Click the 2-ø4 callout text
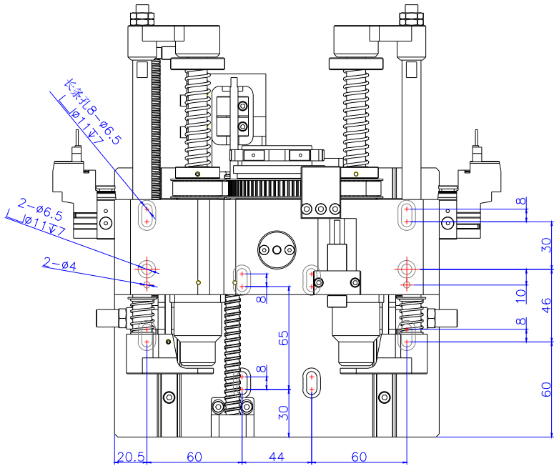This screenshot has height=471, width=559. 59,264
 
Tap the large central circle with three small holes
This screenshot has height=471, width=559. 274,249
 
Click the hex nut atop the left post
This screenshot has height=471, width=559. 142,15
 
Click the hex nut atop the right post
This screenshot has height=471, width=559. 410,15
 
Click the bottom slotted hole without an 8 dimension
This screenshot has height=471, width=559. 312,382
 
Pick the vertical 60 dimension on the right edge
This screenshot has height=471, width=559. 546,390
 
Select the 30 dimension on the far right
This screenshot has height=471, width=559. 546,245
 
